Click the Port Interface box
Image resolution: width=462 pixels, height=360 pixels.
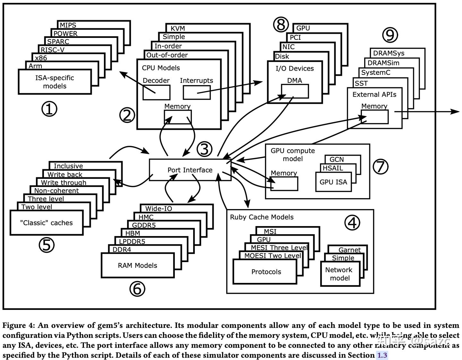click(x=190, y=170)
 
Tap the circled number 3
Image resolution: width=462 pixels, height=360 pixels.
click(x=204, y=149)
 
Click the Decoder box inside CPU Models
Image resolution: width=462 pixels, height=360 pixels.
click(x=156, y=92)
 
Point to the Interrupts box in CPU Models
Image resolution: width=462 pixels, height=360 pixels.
click(x=197, y=92)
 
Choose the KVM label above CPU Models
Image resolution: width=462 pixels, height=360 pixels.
click(x=178, y=28)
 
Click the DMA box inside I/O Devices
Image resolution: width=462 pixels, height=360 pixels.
click(x=295, y=91)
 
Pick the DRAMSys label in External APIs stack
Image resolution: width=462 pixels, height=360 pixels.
click(x=389, y=53)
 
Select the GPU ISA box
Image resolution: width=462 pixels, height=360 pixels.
click(x=333, y=182)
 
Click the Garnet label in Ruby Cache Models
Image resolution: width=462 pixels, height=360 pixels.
click(x=349, y=250)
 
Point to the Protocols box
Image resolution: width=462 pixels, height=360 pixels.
click(x=266, y=272)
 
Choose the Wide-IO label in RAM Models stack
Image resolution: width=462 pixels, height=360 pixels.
click(x=158, y=209)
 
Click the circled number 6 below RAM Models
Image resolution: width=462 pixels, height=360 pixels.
click(x=137, y=289)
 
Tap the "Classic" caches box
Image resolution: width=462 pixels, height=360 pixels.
click(x=46, y=223)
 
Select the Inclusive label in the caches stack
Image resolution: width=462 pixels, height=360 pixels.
click(x=68, y=166)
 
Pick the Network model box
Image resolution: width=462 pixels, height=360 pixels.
click(x=340, y=274)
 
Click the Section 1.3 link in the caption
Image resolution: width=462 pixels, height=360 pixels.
click(x=382, y=355)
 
